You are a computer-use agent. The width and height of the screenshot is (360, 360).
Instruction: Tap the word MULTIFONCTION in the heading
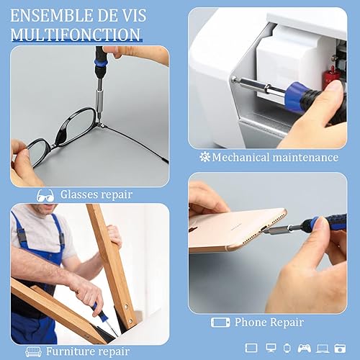(x=76, y=34)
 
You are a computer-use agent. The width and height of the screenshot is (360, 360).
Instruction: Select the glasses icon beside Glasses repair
(x=45, y=194)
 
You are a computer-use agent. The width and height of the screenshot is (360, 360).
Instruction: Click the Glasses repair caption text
(x=96, y=194)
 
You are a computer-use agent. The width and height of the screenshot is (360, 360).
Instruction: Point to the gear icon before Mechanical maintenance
(x=204, y=157)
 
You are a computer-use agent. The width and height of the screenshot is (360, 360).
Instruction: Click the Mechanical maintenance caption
(x=276, y=157)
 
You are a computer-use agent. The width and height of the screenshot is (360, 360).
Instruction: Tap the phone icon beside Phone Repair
(x=220, y=323)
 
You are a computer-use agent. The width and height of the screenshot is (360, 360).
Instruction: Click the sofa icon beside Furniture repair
(x=33, y=352)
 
